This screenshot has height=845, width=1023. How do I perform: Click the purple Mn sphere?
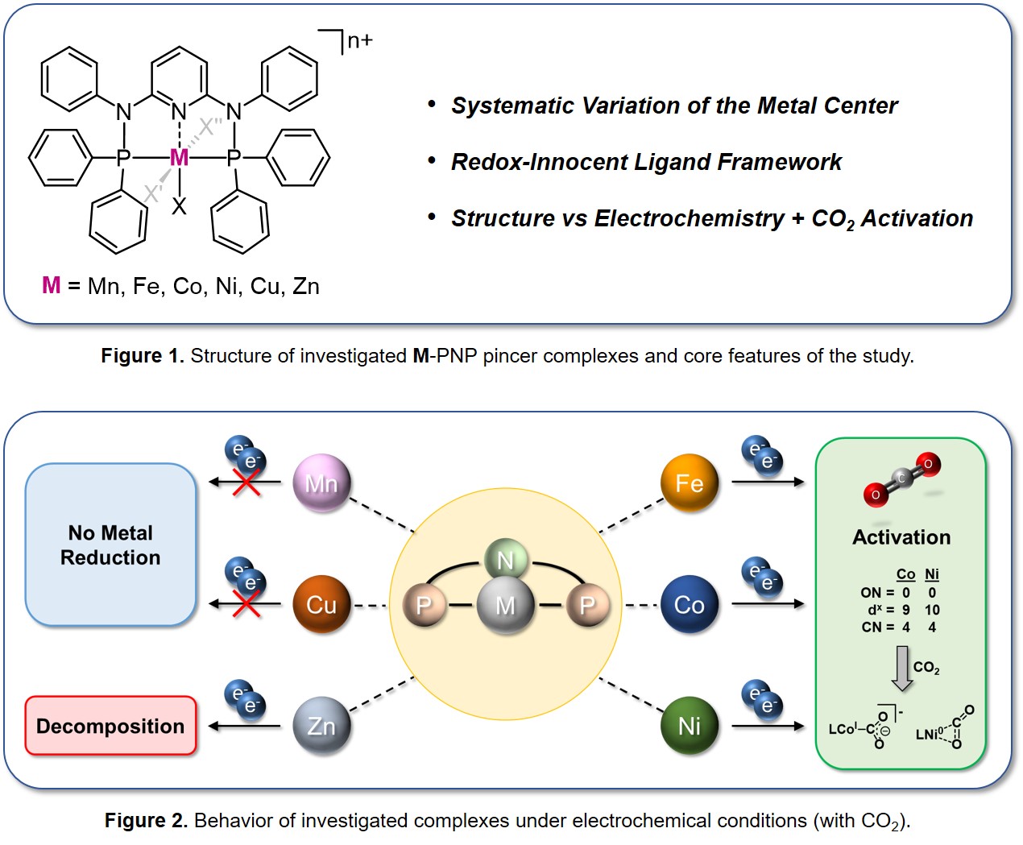coord(321,483)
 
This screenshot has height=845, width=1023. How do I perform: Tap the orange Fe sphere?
coord(689,483)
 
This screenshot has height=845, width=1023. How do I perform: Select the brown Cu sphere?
coord(321,604)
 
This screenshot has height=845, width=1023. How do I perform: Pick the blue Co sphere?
coord(689,604)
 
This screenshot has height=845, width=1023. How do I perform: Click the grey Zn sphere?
coord(321,726)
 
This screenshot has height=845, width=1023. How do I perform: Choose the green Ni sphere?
coord(689,726)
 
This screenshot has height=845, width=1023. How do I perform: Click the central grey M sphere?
coord(505,605)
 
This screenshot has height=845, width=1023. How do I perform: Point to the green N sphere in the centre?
coord(505,560)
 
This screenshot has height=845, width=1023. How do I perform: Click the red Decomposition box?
coord(110,726)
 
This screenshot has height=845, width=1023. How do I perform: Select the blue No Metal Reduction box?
coord(110,545)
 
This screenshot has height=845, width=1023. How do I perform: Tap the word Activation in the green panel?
coord(901,537)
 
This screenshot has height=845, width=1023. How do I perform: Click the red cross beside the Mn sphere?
coord(246,483)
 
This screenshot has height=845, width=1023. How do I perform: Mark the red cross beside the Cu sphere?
coord(246,604)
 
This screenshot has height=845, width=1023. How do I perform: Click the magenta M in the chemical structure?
coord(179,158)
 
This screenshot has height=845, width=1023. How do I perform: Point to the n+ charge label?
coord(359,40)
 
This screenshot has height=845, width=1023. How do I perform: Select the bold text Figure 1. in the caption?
coord(143,356)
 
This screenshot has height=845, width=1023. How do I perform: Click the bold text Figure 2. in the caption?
coord(146,821)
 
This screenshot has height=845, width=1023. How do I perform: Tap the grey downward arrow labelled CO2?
coord(902,668)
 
